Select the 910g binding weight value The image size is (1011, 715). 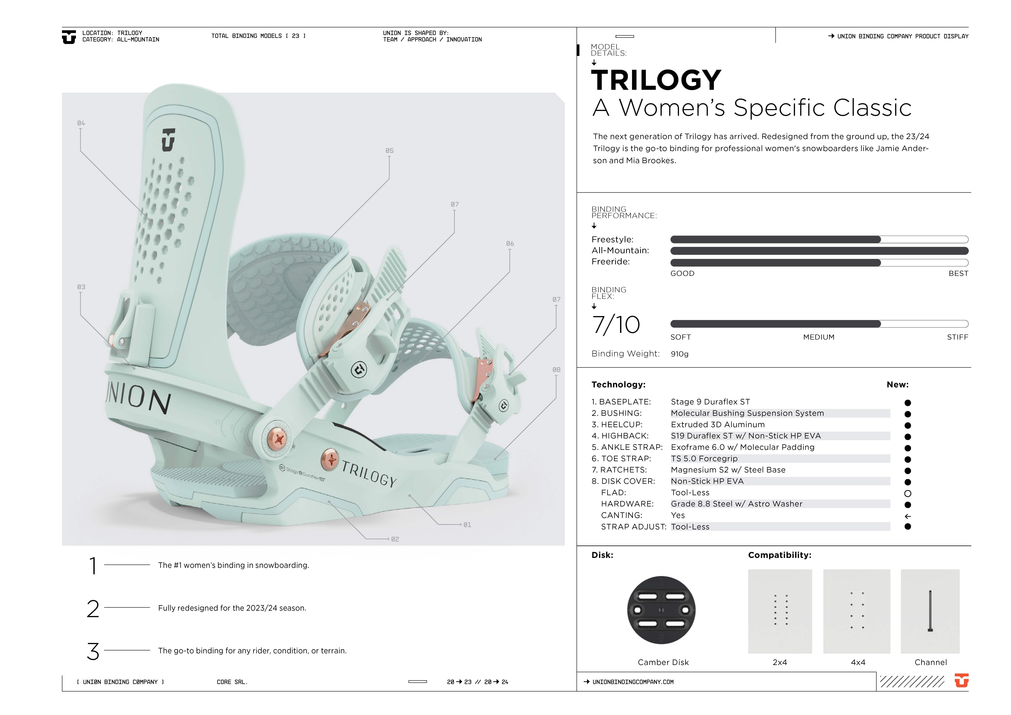679,354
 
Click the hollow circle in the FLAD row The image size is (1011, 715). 908,493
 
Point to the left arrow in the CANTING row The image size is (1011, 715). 908,516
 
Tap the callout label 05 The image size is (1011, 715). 389,151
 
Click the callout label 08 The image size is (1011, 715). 556,370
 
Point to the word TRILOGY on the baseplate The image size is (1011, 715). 369,474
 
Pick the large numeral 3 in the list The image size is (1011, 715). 93,651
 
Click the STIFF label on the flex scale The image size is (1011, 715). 957,337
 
